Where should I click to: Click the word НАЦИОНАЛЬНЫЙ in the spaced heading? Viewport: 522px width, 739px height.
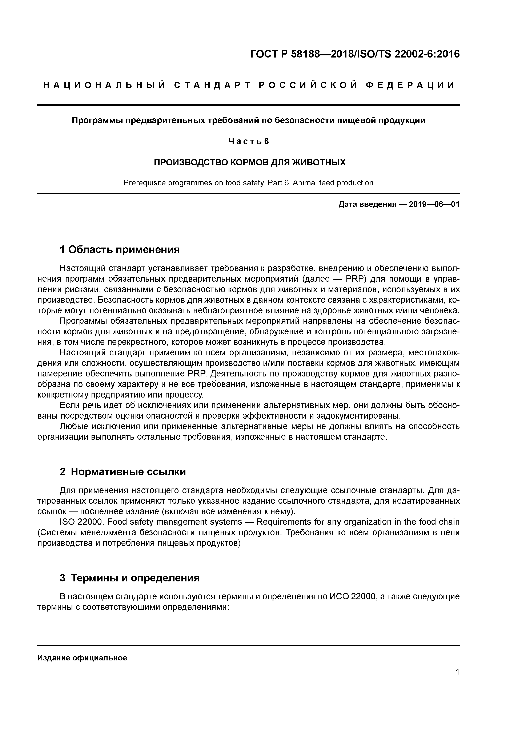(105, 85)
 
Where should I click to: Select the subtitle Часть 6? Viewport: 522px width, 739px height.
(248, 141)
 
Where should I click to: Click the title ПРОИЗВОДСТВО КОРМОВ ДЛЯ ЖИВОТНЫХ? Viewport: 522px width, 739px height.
(250, 162)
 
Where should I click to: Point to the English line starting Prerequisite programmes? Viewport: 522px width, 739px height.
(248, 183)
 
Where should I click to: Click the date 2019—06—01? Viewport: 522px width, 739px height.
(434, 204)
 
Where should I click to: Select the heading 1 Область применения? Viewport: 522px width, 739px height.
(120, 249)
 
